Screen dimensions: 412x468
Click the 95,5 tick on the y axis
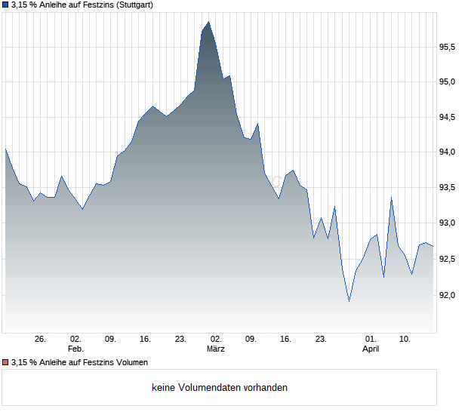(448, 47)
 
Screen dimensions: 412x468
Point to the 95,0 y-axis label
(448, 82)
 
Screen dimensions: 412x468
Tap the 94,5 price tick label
(448, 118)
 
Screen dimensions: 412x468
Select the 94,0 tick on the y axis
(448, 152)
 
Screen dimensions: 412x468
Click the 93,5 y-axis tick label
(448, 188)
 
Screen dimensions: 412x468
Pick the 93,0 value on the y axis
(448, 223)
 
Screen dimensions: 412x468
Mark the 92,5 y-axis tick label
(448, 259)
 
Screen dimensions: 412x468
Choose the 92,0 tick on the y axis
(448, 294)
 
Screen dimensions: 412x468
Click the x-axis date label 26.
(41, 340)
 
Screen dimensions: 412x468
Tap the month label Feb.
(75, 349)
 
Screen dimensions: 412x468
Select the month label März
(216, 349)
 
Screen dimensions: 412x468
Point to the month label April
(371, 349)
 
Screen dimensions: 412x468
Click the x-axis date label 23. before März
(180, 340)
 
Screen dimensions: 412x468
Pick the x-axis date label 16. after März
(285, 340)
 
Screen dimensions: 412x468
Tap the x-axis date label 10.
(405, 340)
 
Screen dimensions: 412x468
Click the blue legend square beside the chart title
(5, 5)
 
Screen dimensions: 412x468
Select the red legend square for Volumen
(5, 362)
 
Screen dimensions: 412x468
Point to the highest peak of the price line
(208, 23)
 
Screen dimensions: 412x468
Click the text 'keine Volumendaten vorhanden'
(220, 388)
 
